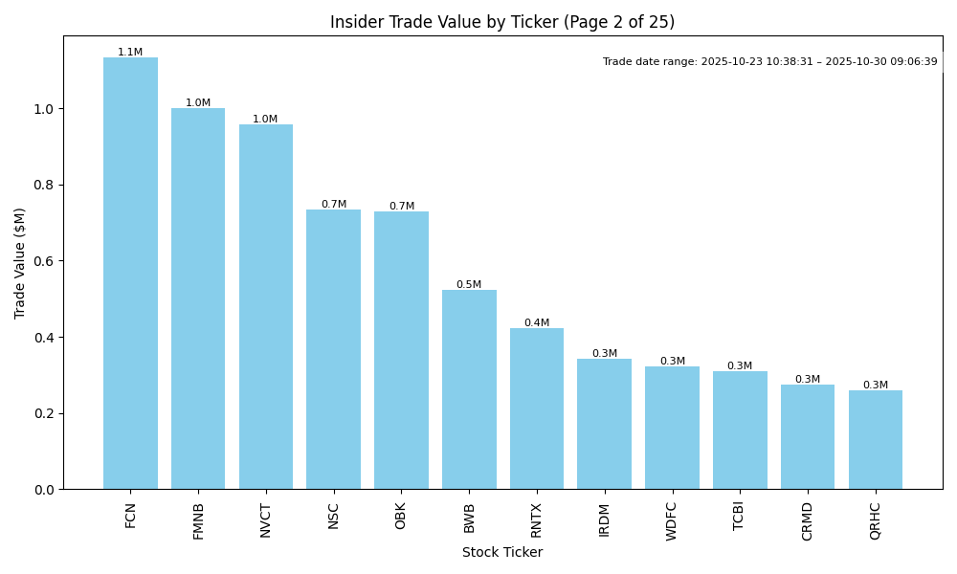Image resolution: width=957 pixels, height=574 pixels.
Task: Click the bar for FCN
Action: point(130,274)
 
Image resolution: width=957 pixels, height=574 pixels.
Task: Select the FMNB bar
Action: point(198,298)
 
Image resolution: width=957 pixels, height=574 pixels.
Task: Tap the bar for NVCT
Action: point(266,307)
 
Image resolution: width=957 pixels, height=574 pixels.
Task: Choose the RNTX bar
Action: point(537,408)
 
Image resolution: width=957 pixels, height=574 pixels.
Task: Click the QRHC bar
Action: point(876,440)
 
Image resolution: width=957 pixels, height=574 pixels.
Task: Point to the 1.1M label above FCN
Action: point(130,53)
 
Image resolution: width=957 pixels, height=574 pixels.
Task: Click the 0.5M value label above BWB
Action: point(469,285)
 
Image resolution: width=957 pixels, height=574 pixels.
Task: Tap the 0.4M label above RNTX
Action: point(537,323)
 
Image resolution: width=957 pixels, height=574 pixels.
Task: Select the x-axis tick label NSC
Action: point(334,516)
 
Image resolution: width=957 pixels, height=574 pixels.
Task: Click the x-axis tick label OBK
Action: point(401,516)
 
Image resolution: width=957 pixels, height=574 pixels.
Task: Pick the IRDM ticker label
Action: point(605,519)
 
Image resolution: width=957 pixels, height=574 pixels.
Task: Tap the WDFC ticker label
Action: point(672,520)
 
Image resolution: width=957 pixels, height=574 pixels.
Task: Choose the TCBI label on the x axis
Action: point(740,517)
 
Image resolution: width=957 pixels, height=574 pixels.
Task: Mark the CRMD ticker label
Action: point(808,520)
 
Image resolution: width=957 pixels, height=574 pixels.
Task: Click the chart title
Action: point(502,22)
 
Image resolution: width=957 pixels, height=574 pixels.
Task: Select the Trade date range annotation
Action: point(770,61)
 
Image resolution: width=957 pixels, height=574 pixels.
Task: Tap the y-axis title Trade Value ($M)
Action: point(20,263)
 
